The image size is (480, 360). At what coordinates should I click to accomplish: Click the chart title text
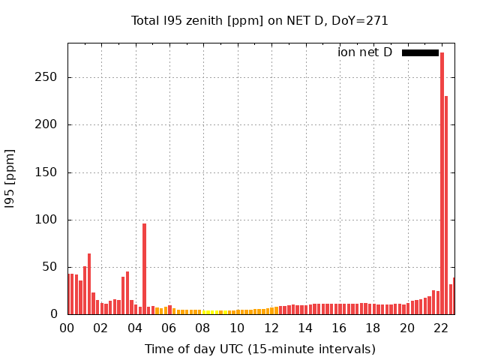click(x=259, y=20)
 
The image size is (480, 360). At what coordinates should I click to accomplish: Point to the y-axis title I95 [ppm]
click(x=10, y=178)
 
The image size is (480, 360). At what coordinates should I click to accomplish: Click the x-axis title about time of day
click(x=259, y=349)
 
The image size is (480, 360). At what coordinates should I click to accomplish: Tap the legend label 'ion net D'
click(x=364, y=52)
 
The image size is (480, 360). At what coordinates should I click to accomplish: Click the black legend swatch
click(x=420, y=52)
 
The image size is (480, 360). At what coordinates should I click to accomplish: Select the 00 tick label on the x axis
click(x=67, y=328)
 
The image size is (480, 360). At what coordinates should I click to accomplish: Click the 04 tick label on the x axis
click(x=135, y=328)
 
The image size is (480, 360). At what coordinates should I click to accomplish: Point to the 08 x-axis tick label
click(x=203, y=328)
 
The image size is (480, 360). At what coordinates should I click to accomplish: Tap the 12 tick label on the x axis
click(x=271, y=328)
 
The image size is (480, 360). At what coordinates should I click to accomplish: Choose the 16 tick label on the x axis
click(x=339, y=328)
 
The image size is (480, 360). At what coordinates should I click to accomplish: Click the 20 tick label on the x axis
click(x=407, y=328)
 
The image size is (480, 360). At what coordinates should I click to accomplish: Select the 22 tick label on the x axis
click(x=441, y=328)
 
